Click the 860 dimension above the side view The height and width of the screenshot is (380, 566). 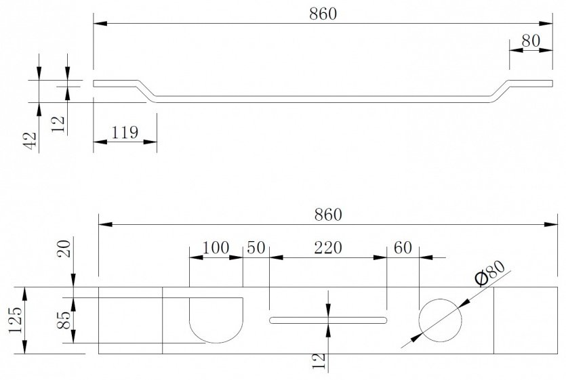coord(323,14)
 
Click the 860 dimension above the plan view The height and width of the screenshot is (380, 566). coord(328,215)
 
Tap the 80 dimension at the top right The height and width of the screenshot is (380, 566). coord(531,41)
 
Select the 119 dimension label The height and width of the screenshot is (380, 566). coord(125,133)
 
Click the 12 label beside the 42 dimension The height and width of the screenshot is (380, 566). coord(58,124)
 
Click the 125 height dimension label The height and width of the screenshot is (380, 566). coord(15,321)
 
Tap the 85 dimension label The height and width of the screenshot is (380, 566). coord(64,320)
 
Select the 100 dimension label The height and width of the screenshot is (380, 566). coord(216,248)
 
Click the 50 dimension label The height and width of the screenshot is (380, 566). coord(256,248)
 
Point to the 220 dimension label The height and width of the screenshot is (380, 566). coord(328,248)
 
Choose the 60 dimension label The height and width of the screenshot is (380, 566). coord(403,248)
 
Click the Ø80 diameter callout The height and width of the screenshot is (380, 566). coord(490,273)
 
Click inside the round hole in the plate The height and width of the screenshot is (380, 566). coord(440,320)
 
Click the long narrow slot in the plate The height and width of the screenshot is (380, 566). coord(328,320)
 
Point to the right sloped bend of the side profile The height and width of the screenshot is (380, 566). coord(501,91)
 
